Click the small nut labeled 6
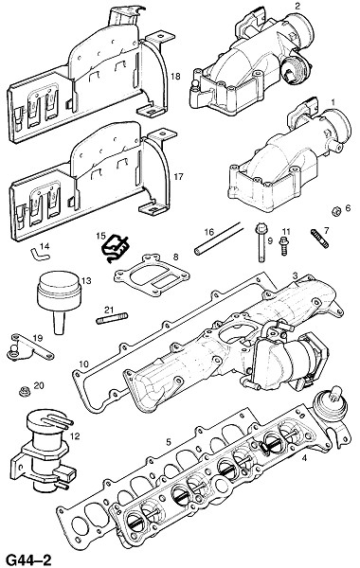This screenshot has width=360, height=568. click(336, 210)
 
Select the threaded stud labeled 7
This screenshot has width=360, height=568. click(320, 239)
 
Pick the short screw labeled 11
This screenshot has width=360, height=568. click(283, 246)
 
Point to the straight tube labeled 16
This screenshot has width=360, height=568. click(218, 239)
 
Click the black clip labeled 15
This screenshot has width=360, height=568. click(115, 248)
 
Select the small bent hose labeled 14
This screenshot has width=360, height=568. click(40, 254)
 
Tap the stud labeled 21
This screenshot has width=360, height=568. click(112, 318)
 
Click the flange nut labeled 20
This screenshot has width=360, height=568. click(25, 391)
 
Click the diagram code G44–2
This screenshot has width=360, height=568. click(29, 559)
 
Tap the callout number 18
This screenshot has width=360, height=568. click(176, 77)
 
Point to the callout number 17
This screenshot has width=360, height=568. click(178, 177)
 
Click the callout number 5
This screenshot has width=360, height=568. click(169, 442)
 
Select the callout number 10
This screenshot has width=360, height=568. click(83, 364)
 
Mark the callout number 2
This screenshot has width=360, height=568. click(297, 6)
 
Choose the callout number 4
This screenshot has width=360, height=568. click(304, 458)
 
